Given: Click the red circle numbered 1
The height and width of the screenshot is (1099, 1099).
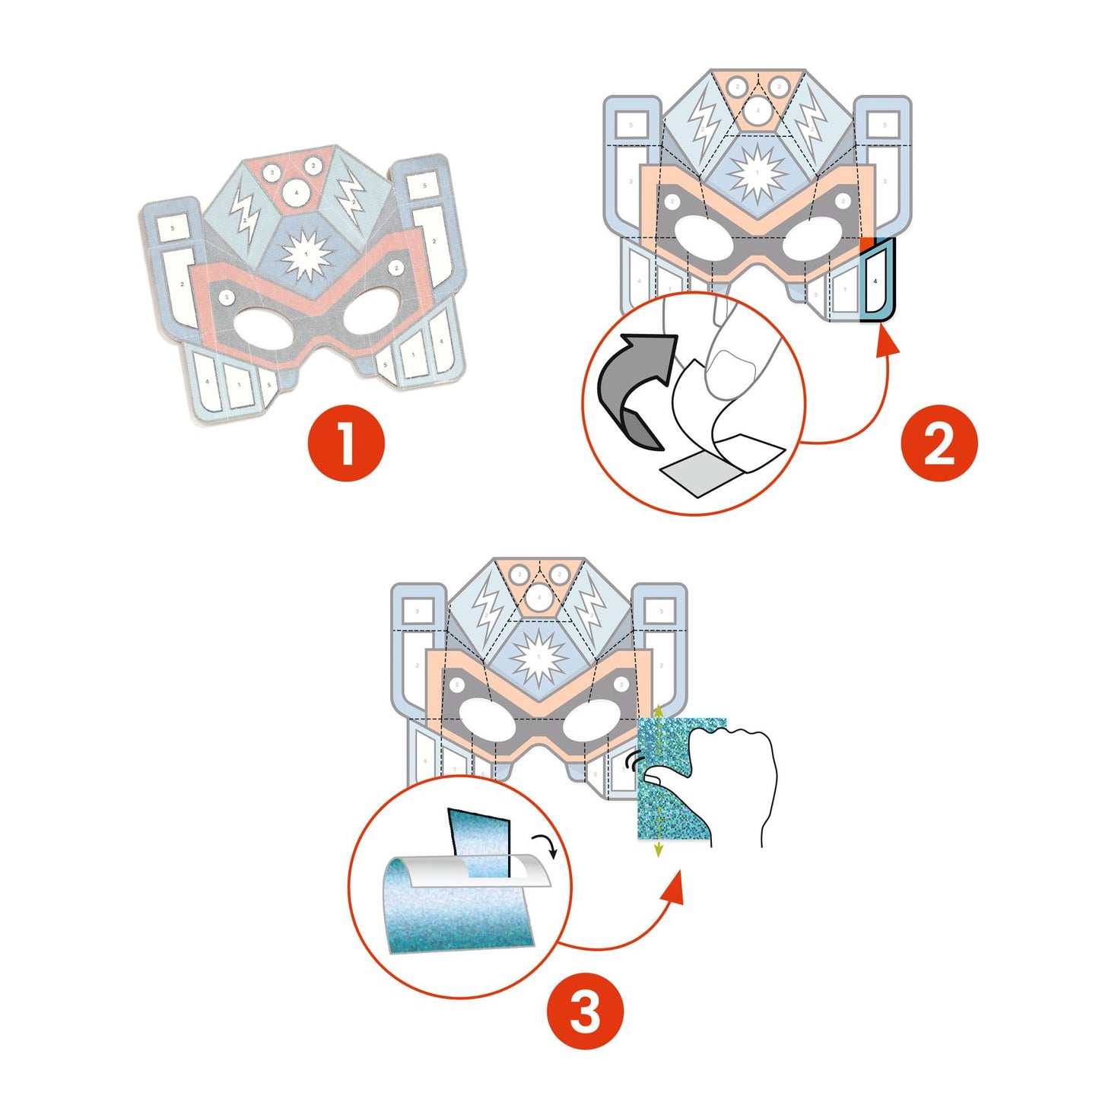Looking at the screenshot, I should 346,443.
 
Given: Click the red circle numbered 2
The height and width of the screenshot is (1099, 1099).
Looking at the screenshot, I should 939,443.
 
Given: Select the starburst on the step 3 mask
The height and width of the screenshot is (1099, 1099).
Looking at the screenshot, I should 538,656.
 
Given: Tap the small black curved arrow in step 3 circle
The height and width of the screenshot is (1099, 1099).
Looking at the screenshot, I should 546,843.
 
